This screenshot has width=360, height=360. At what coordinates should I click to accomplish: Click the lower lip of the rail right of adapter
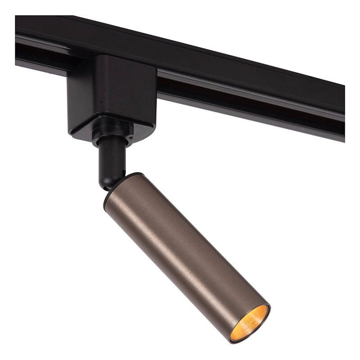247,112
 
